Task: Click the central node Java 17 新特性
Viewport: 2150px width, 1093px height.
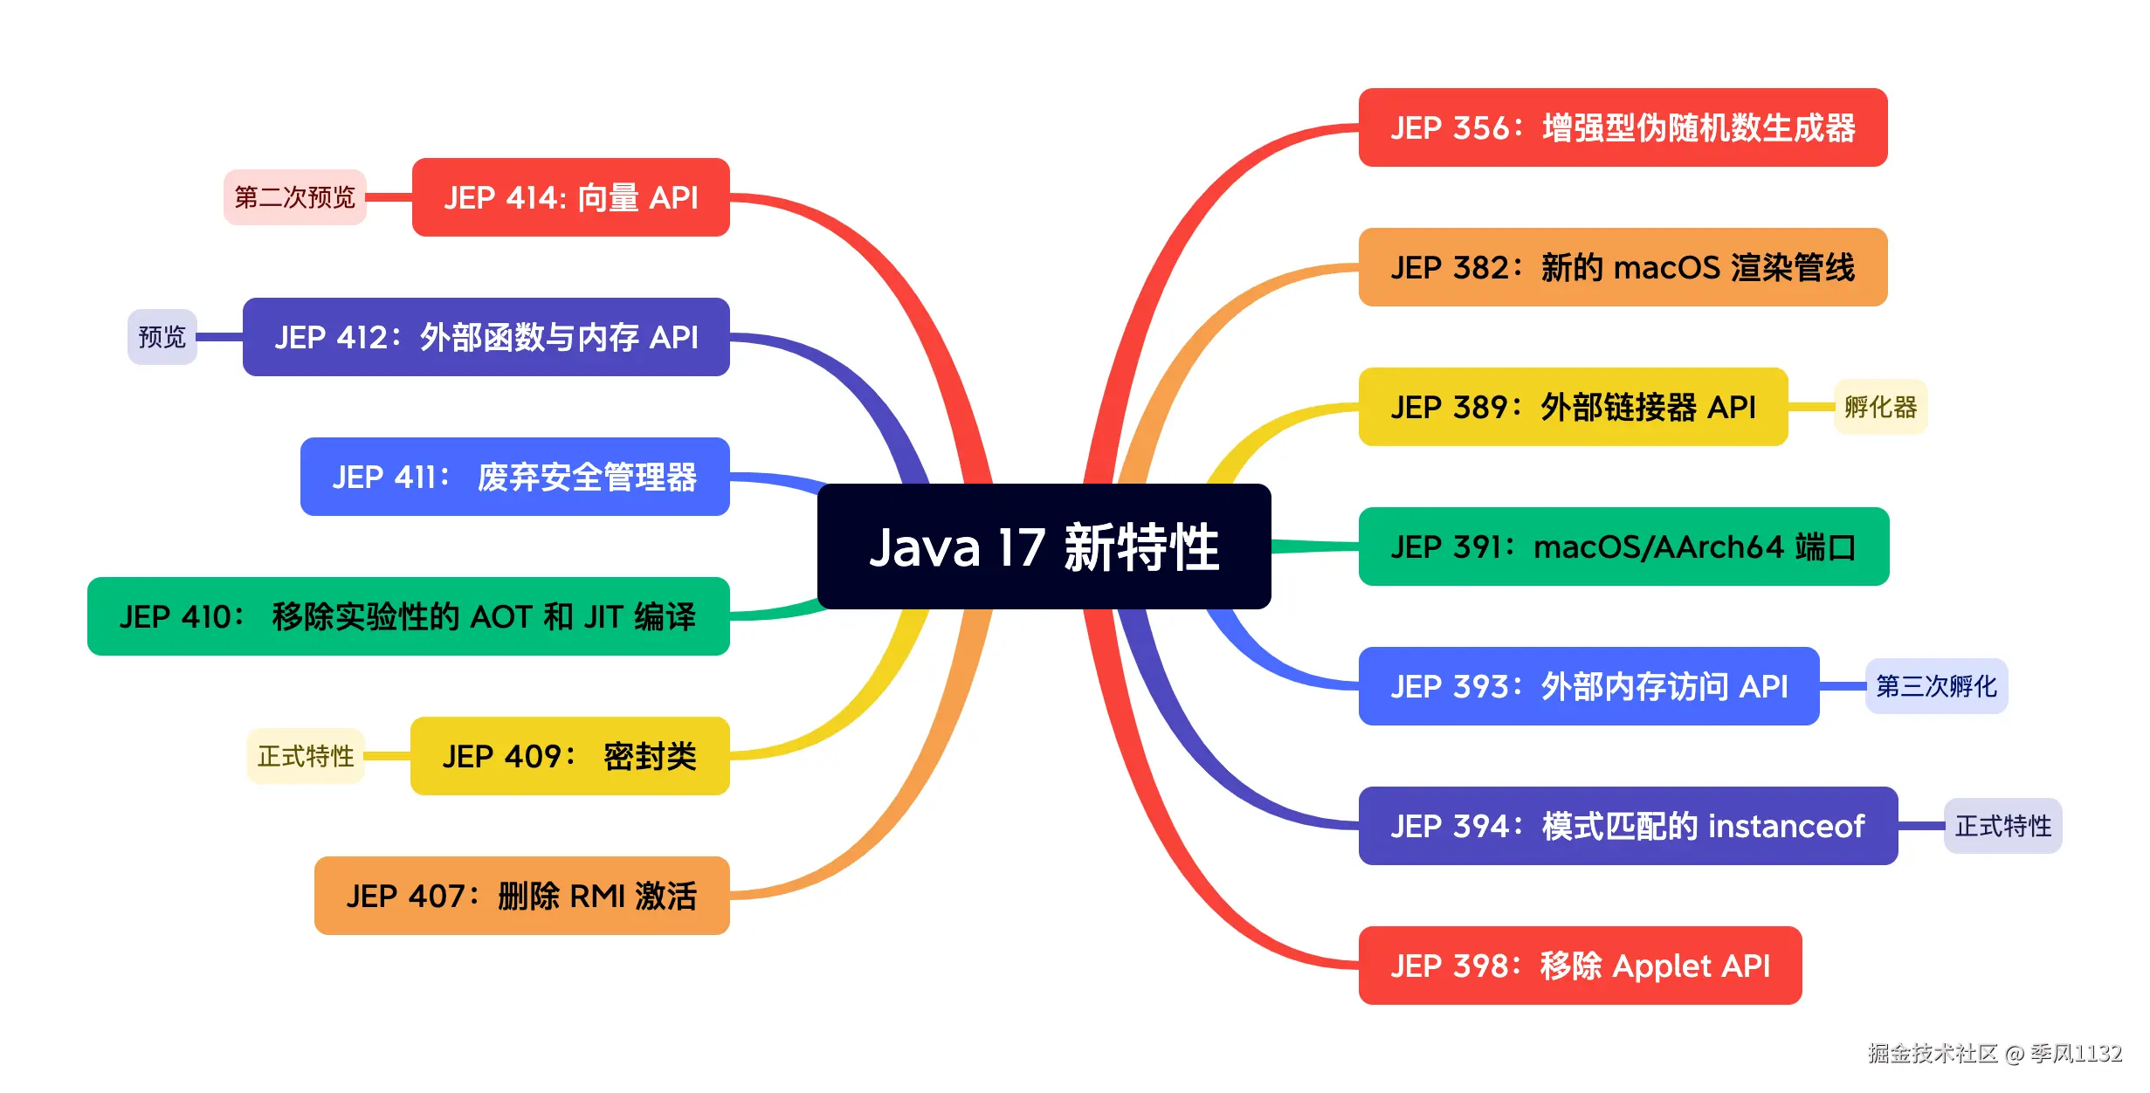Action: (1044, 546)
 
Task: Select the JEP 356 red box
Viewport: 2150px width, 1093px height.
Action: (1623, 127)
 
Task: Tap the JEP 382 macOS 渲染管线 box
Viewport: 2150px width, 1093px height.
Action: (1623, 267)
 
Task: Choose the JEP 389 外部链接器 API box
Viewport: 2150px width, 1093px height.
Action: (1573, 407)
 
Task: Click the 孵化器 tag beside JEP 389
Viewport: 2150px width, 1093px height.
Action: (1880, 407)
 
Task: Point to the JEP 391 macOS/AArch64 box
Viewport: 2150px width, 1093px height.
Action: (1623, 546)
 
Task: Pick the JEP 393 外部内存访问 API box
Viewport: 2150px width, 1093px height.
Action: (1588, 686)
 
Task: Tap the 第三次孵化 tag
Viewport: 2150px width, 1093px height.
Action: (1936, 686)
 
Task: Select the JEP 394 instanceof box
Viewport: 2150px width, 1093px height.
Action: (1628, 826)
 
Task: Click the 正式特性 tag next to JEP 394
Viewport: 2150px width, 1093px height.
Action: (2002, 826)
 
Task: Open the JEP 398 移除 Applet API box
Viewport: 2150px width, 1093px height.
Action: (1580, 966)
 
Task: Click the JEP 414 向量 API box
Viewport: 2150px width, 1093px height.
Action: (570, 197)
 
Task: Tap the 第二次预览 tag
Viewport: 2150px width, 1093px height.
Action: (294, 197)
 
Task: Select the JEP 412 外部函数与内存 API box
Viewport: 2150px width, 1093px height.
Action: (486, 337)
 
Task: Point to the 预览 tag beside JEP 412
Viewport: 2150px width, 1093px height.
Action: (162, 337)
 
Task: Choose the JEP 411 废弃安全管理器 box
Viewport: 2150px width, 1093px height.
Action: (514, 477)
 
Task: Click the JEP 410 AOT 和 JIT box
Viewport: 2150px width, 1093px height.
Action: (408, 616)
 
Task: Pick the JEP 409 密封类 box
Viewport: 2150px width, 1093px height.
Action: (569, 756)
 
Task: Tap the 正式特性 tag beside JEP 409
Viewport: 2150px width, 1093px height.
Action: (306, 756)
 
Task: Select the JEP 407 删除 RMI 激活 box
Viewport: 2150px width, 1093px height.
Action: (521, 896)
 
